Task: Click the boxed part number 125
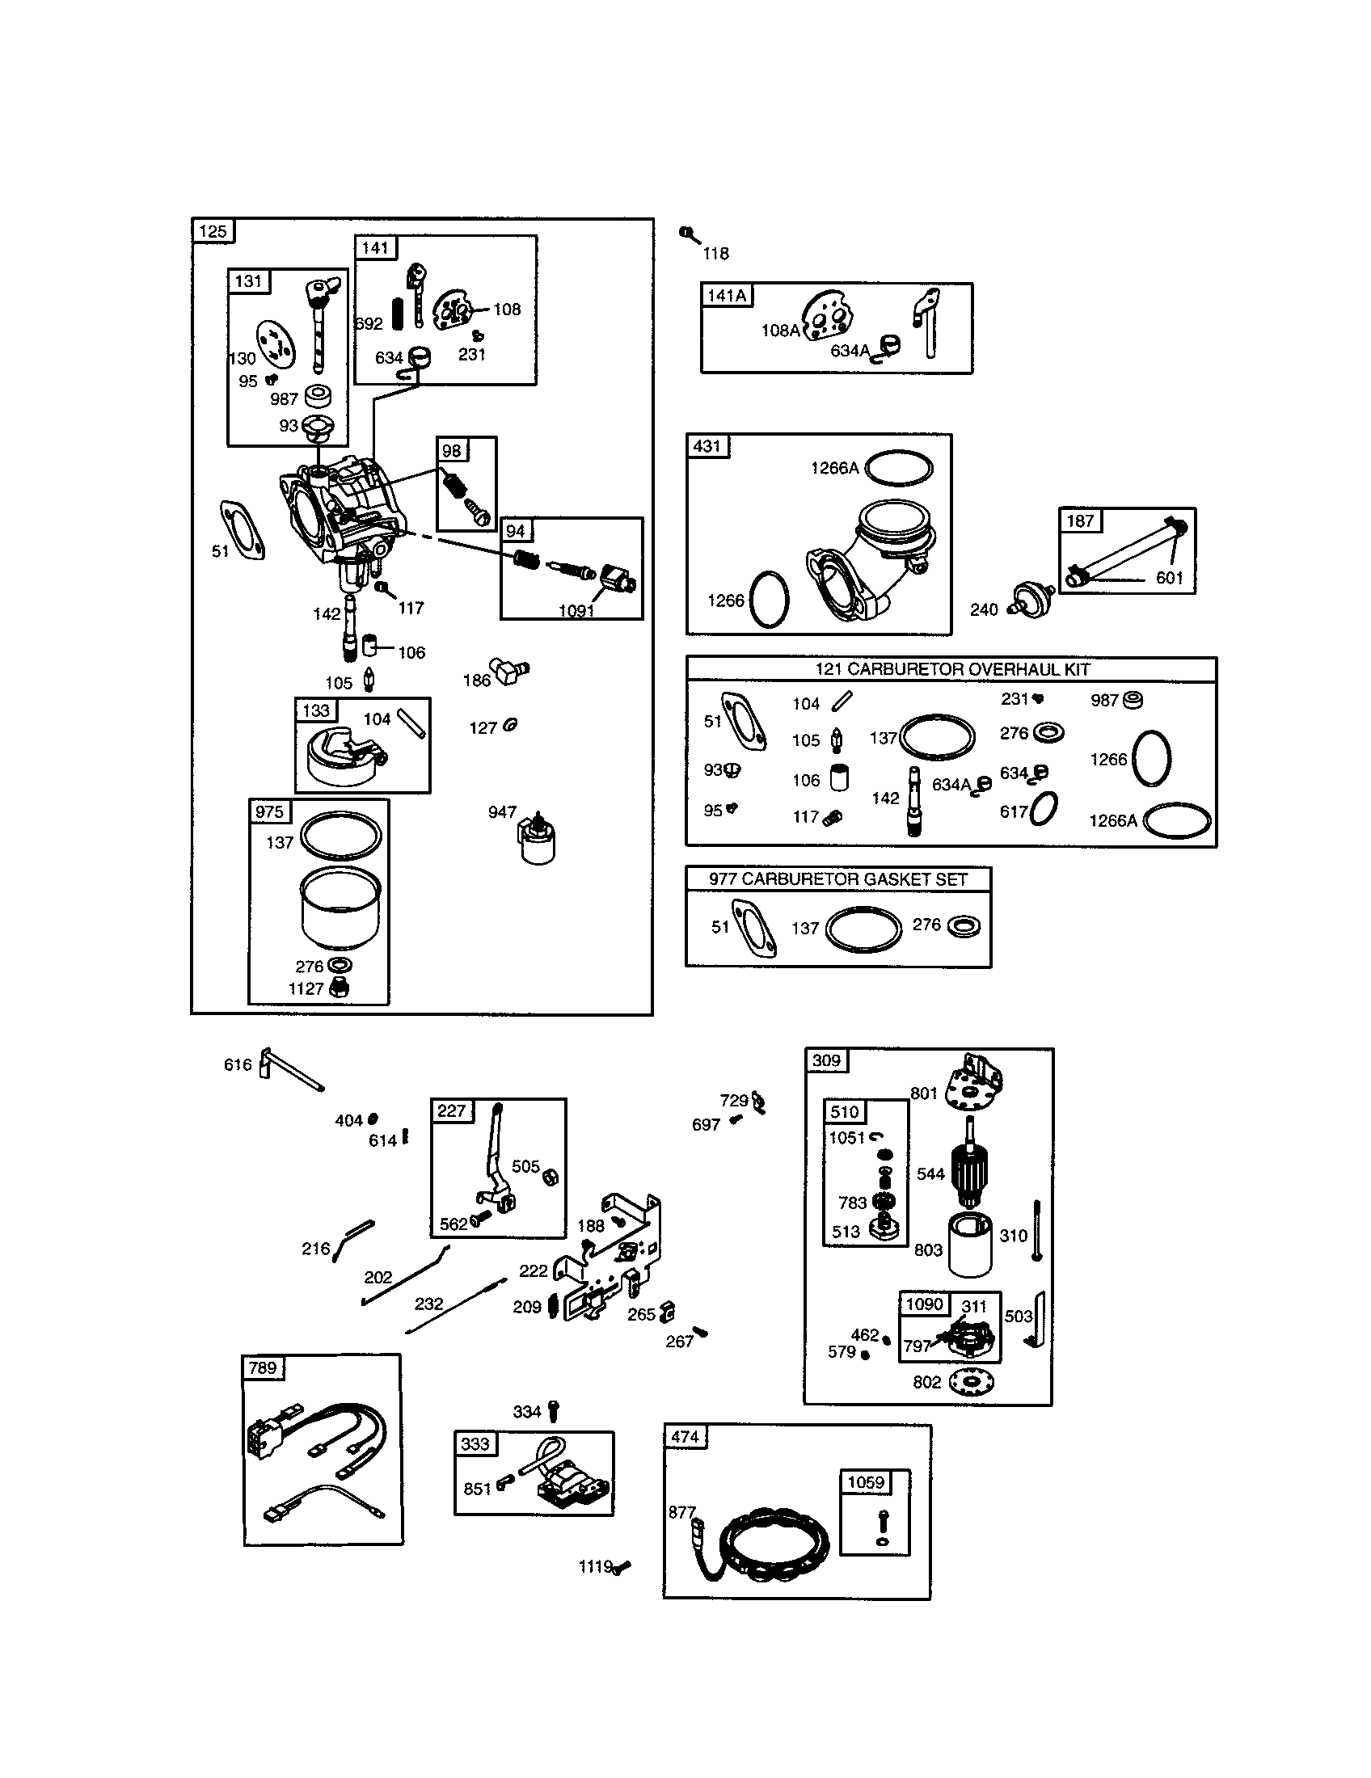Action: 213,231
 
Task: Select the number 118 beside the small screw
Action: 715,253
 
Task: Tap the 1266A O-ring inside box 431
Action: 899,468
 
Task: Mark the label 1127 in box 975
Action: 306,988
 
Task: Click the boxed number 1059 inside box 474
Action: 866,1481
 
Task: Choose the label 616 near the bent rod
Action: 238,1065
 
